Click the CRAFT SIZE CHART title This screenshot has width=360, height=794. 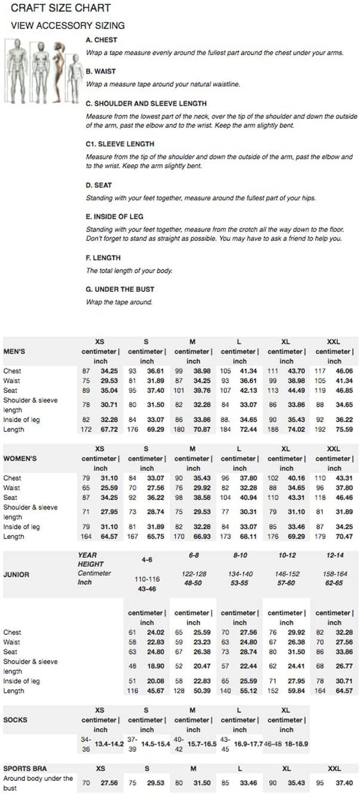click(x=61, y=8)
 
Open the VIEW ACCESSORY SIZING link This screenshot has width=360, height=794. click(x=68, y=26)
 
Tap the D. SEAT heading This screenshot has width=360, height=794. click(x=99, y=185)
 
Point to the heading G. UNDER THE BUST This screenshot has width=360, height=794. click(x=119, y=289)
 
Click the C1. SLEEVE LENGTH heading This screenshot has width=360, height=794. click(x=120, y=144)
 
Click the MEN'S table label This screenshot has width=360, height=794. click(x=15, y=352)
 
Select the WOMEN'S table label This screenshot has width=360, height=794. click(x=20, y=459)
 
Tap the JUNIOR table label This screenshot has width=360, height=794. click(x=16, y=575)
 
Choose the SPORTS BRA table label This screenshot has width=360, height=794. click(x=25, y=768)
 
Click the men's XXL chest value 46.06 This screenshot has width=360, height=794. click(x=344, y=371)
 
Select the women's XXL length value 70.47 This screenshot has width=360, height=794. click(x=344, y=536)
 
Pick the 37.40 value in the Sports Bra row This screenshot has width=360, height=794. click(x=344, y=783)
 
